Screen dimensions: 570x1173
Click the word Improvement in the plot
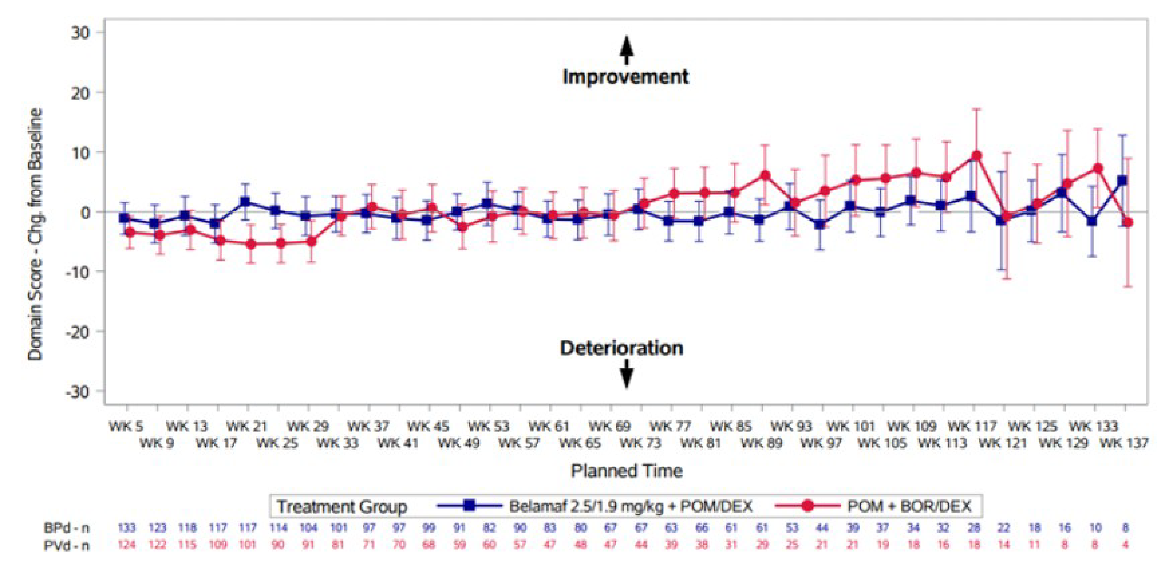tap(625, 77)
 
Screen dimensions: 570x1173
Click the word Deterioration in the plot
tap(622, 348)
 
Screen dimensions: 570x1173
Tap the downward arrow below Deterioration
tap(627, 373)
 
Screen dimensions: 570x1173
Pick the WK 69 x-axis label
tap(610, 427)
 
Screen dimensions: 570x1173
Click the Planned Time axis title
tap(627, 470)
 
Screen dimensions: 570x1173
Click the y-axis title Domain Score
tap(36, 234)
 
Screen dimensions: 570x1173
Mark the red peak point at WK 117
tap(976, 156)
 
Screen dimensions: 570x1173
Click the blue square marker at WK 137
tap(1122, 180)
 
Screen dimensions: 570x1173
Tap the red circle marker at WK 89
tap(765, 175)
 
